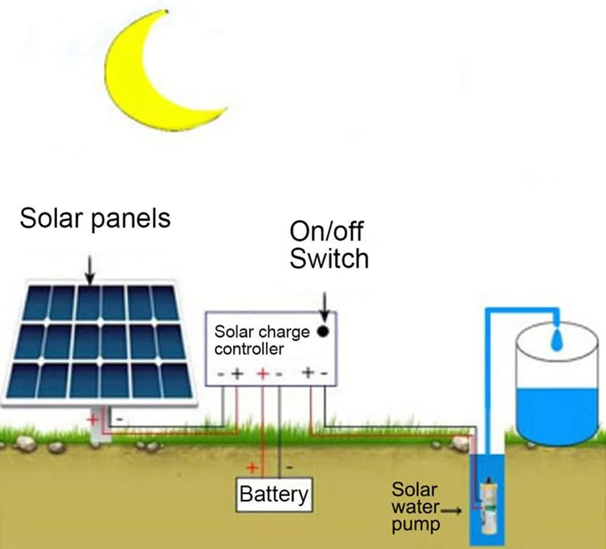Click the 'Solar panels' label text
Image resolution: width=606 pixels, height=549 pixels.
pos(95,218)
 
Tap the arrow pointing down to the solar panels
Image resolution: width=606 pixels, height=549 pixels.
pos(90,269)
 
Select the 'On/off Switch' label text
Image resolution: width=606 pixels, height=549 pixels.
pos(328,245)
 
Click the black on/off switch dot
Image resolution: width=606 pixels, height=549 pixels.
pos(324,331)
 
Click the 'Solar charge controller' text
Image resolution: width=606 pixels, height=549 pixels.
pos(262,341)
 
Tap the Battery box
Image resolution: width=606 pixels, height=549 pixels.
pos(273,494)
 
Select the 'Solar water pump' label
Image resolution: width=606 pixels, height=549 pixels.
pos(415,507)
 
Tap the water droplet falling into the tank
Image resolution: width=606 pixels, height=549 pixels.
pos(555,342)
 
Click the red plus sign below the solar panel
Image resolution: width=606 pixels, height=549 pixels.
pos(94,418)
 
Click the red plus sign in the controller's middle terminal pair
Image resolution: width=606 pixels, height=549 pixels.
pos(263,374)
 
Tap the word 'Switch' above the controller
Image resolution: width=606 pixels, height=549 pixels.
pos(328,259)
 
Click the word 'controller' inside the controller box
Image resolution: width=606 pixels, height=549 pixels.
pos(248,349)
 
